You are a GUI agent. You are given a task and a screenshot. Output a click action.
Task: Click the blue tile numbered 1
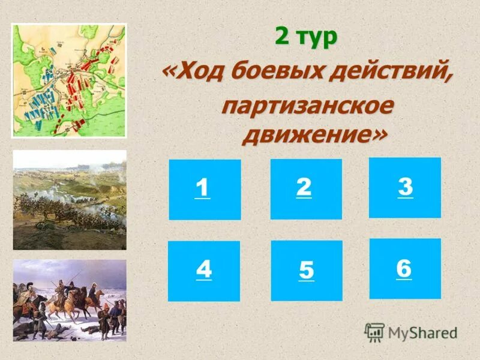[205, 189]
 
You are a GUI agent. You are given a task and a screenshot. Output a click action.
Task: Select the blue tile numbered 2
[306, 188]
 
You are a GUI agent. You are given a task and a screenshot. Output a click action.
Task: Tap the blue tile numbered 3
[404, 187]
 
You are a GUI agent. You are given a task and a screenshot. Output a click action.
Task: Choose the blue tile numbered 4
[203, 271]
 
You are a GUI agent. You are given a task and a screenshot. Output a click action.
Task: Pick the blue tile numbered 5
[307, 271]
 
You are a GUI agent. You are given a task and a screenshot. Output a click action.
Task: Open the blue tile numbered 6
[404, 268]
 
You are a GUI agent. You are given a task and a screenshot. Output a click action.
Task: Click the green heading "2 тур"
[306, 37]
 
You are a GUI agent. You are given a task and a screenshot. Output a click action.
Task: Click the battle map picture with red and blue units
[69, 80]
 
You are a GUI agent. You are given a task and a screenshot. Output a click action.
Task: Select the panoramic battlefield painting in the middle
[69, 200]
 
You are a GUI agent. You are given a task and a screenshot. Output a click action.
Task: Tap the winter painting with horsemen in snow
[69, 300]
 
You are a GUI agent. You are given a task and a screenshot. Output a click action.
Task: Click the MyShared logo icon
[374, 332]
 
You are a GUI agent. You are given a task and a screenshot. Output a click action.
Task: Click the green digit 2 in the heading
[282, 37]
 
